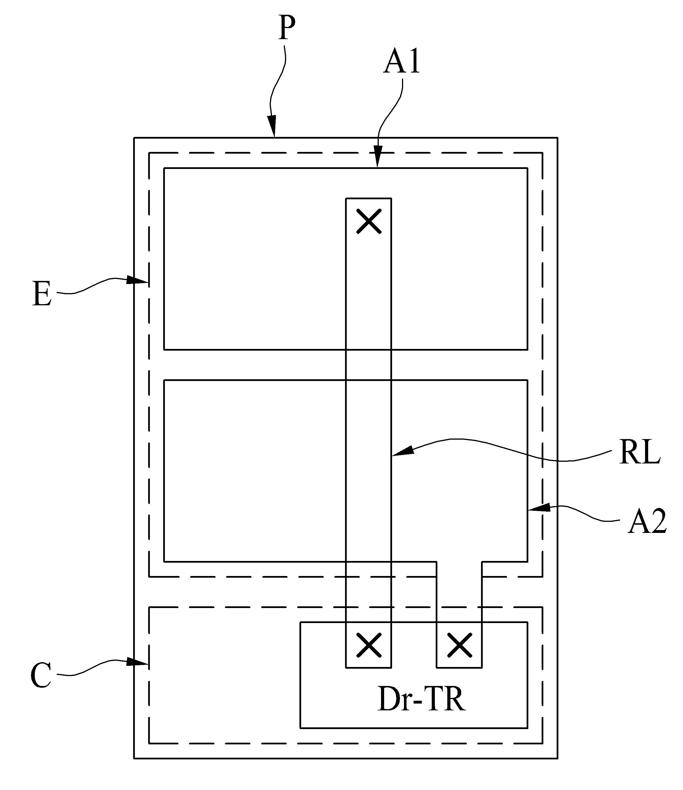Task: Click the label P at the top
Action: [287, 28]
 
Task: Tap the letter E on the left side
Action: [42, 294]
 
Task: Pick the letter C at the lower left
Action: [41, 675]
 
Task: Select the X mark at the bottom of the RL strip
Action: [369, 645]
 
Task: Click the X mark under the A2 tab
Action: [460, 645]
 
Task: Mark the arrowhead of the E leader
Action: [137, 280]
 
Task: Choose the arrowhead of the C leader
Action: [137, 662]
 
